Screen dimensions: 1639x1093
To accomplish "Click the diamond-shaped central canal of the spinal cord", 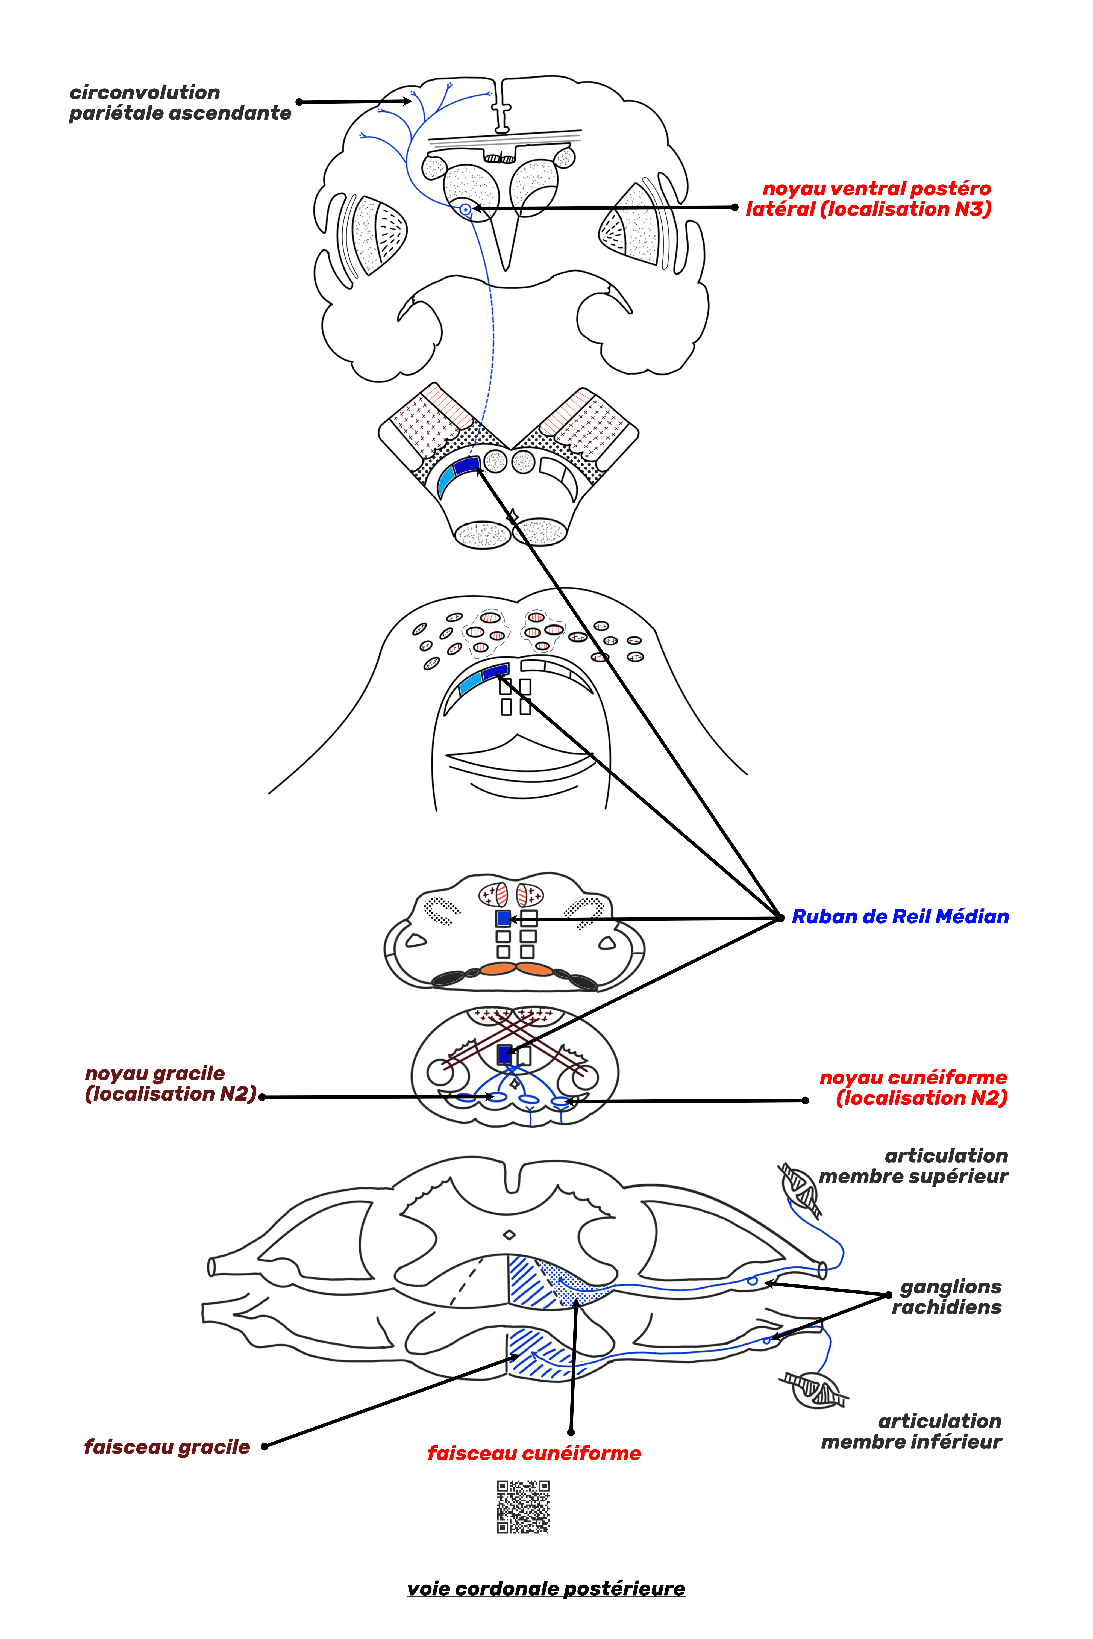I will point(510,1236).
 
